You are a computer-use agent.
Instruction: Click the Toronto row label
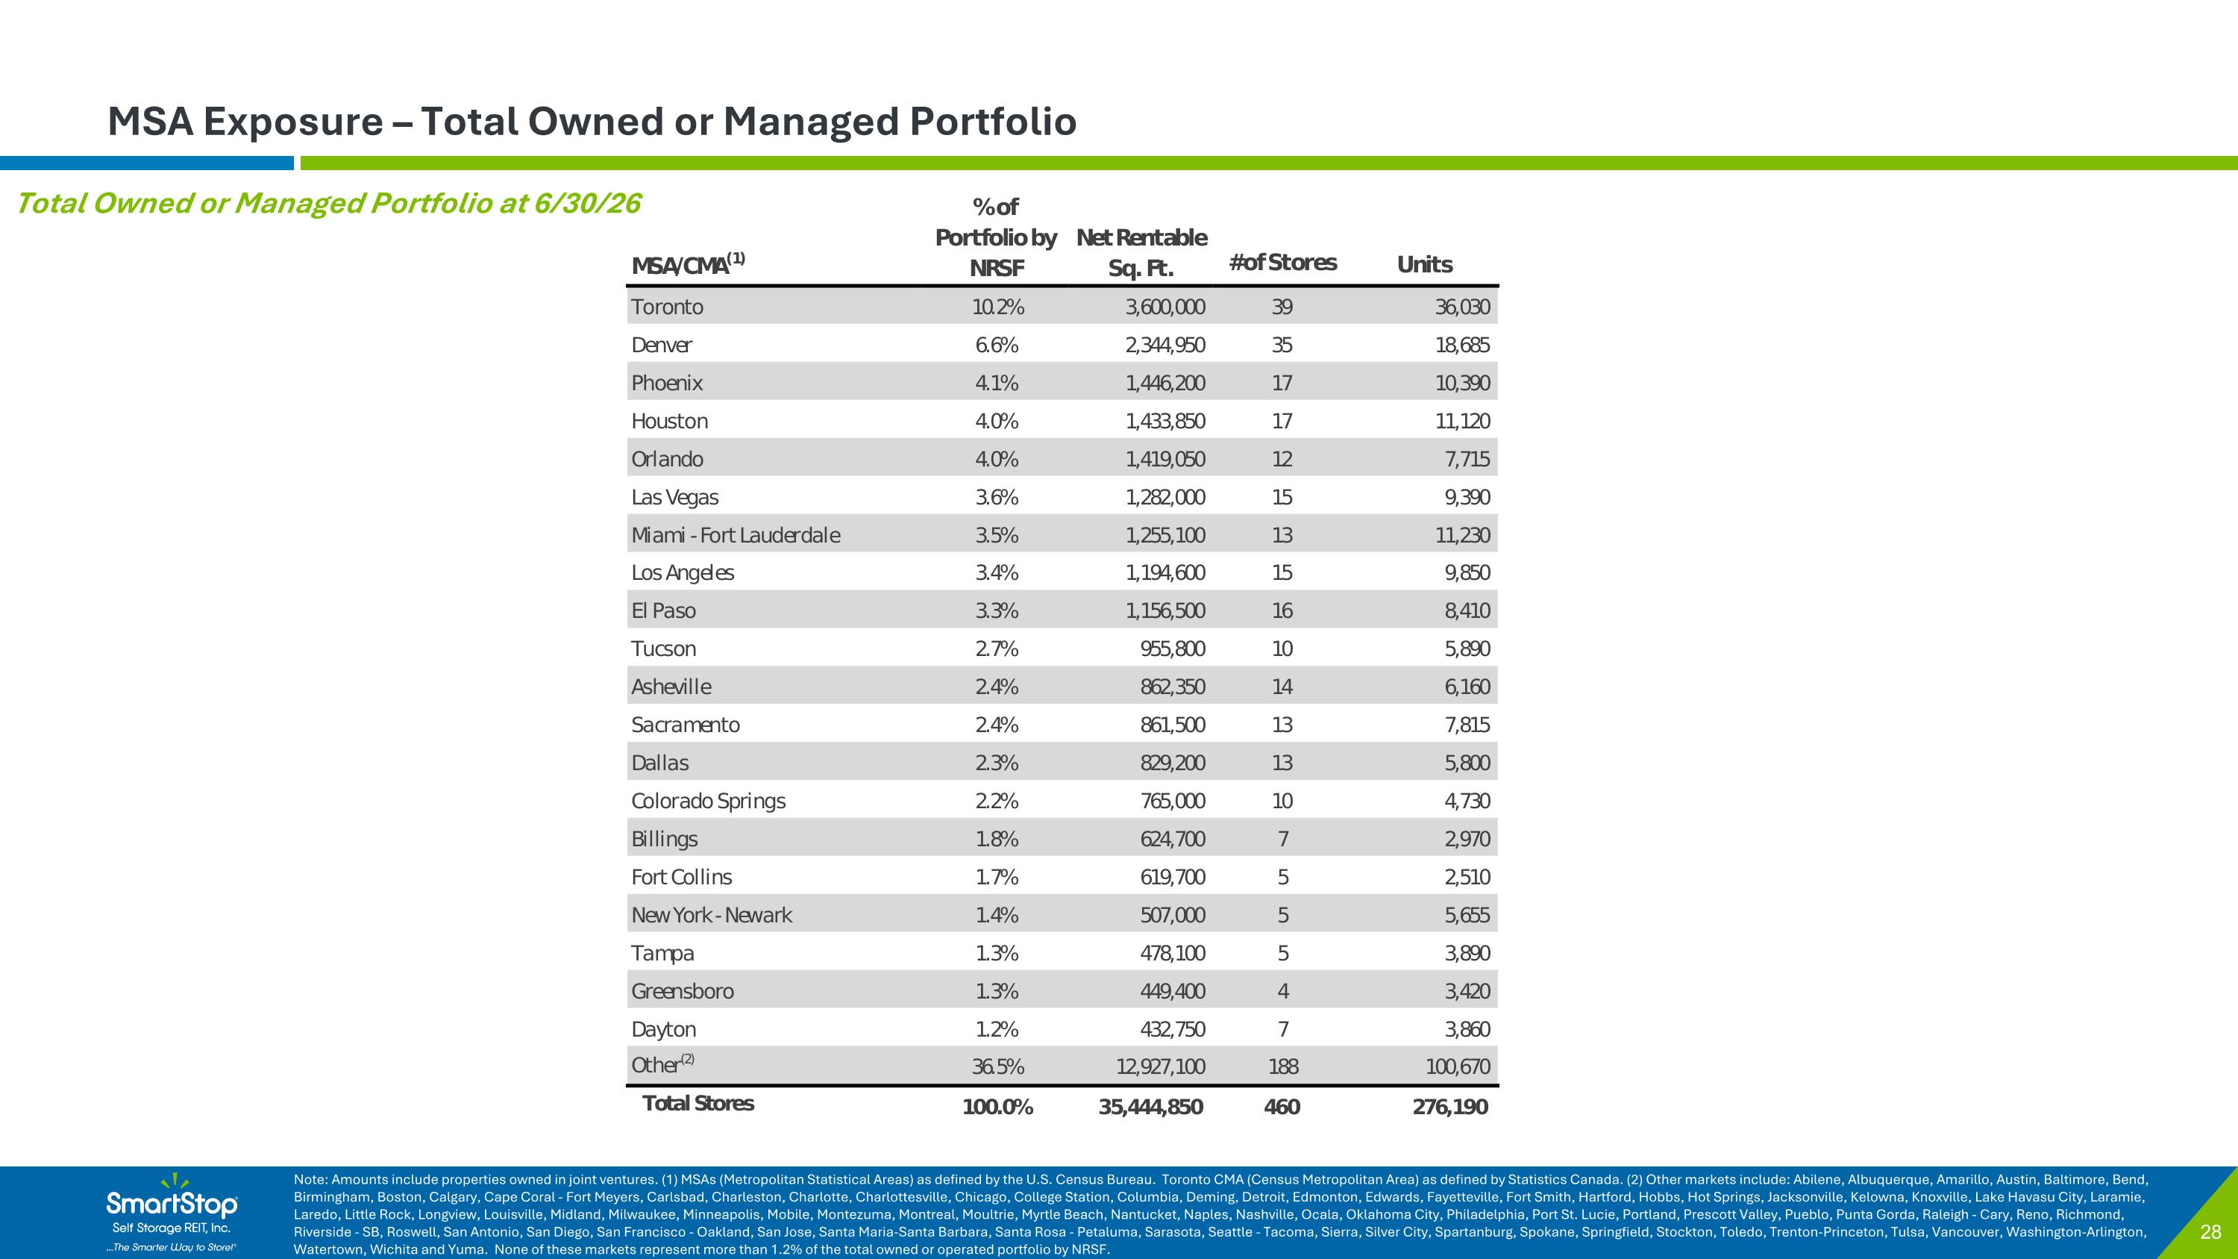click(667, 307)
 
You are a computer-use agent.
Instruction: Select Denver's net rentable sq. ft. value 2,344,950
click(1165, 345)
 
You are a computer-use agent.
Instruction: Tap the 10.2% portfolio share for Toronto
click(997, 307)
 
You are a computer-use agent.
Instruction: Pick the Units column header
click(1424, 264)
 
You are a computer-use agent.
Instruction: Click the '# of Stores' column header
click(1282, 263)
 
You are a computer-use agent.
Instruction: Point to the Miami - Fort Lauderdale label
click(736, 535)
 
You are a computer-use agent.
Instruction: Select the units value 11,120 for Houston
click(1462, 422)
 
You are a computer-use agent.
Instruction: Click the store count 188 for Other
click(1283, 1066)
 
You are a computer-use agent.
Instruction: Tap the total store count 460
click(1282, 1107)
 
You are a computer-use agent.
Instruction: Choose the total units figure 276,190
click(1450, 1107)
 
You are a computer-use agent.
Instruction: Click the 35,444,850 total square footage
click(1151, 1107)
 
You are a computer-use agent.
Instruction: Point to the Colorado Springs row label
click(708, 801)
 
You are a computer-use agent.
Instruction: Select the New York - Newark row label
click(712, 915)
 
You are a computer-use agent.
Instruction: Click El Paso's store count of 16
click(1282, 610)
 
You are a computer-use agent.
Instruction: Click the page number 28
click(2211, 1231)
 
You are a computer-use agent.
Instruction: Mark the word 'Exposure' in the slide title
click(292, 122)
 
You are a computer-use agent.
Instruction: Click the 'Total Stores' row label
click(698, 1104)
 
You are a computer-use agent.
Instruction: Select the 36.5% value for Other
click(997, 1066)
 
